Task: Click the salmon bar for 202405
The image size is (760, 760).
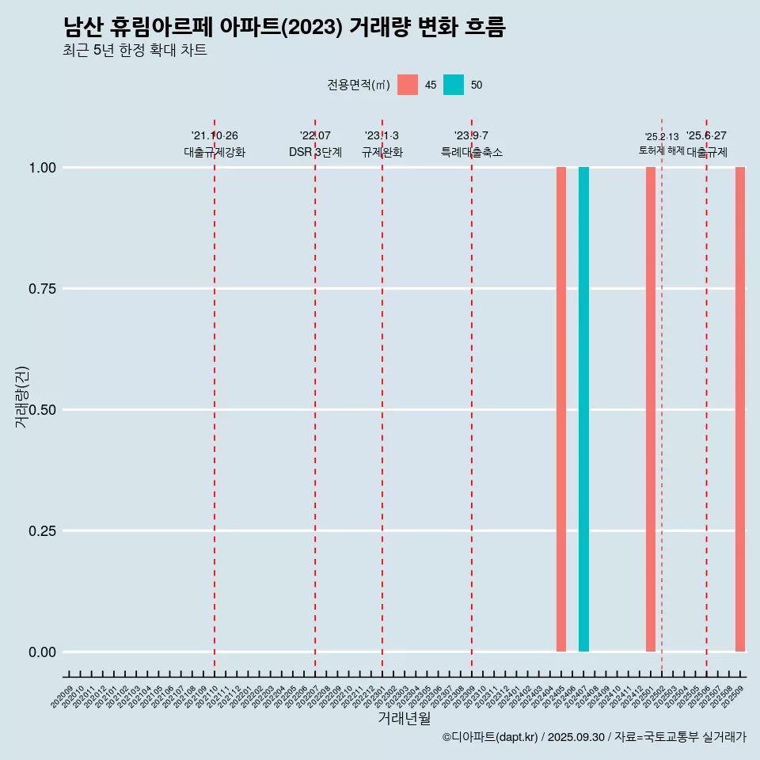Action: click(x=560, y=409)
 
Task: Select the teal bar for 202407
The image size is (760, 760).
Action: click(x=583, y=409)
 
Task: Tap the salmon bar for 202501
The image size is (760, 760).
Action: click(x=650, y=409)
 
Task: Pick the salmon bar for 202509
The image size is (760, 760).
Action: click(x=740, y=409)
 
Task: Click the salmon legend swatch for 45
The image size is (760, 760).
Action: click(x=408, y=85)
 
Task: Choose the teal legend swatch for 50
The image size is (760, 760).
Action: click(x=454, y=85)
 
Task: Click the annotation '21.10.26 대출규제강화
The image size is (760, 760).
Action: click(x=215, y=144)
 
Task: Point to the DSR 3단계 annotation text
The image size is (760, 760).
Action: click(x=315, y=152)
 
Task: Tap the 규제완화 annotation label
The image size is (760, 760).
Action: click(x=382, y=152)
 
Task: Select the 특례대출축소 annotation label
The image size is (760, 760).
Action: click(x=472, y=152)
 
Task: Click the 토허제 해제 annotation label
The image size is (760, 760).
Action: click(x=661, y=150)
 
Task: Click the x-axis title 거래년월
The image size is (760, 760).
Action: click(x=404, y=718)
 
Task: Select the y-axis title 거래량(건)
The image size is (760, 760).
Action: click(x=21, y=397)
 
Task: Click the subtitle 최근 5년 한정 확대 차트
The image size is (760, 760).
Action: click(x=135, y=51)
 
